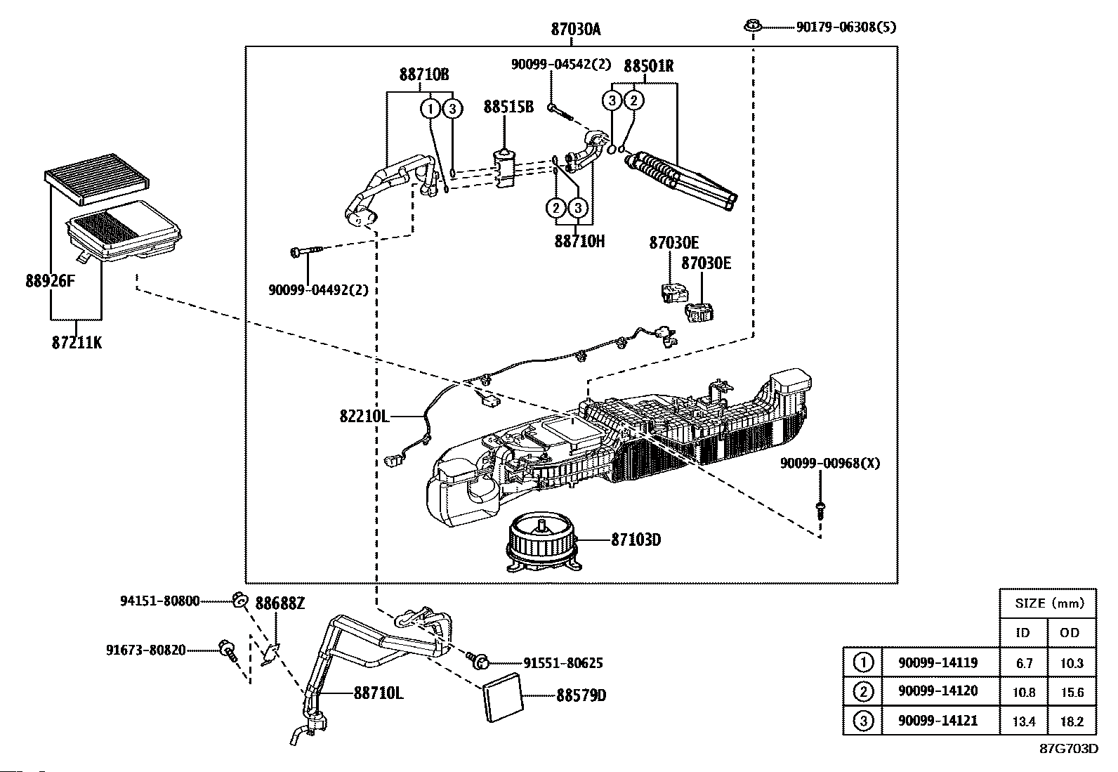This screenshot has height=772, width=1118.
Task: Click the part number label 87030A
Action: click(x=575, y=30)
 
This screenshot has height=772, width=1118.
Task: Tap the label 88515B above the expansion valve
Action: click(x=508, y=107)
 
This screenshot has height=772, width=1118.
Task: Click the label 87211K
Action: click(x=77, y=344)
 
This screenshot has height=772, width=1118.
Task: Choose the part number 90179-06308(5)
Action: click(x=846, y=27)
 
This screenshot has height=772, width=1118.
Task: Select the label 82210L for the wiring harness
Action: click(x=364, y=417)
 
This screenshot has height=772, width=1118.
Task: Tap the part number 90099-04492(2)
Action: click(x=318, y=289)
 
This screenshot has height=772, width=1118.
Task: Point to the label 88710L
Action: click(x=378, y=693)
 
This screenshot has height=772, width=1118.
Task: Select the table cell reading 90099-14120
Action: click(x=938, y=691)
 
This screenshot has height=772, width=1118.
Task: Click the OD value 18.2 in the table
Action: click(x=1072, y=721)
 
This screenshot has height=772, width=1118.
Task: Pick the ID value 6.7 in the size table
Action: click(x=1023, y=662)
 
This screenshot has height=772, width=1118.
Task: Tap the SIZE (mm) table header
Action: click(x=1049, y=603)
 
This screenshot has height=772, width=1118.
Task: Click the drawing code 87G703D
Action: click(x=1068, y=748)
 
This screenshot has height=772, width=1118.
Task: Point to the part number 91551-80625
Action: click(x=563, y=662)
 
